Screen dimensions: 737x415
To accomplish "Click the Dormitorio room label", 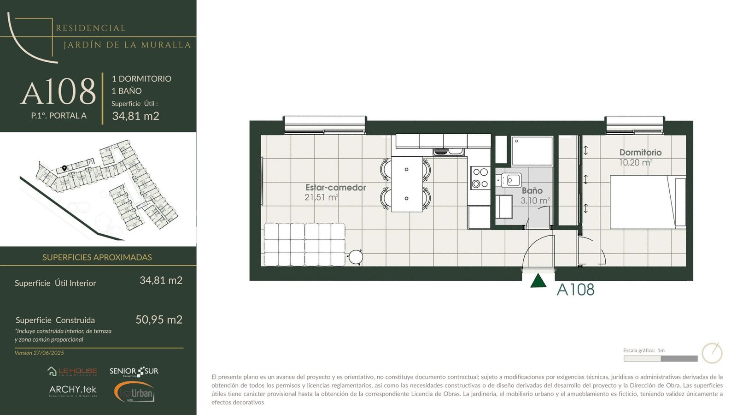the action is click(640, 153).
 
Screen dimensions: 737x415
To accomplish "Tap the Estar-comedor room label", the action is click(336, 187).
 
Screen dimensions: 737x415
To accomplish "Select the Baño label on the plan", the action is click(532, 191).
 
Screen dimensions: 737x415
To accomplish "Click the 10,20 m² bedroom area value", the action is click(636, 162).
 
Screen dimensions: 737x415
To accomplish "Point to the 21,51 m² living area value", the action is click(322, 197).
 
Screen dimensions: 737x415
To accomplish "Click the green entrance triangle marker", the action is click(538, 281).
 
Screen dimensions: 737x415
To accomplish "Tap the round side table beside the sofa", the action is click(356, 257).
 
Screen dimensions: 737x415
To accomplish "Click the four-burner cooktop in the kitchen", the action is click(480, 178).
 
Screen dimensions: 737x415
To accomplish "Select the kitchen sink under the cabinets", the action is click(449, 152).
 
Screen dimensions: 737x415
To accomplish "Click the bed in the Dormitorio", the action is click(648, 202).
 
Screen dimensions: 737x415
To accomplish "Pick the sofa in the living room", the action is click(304, 244).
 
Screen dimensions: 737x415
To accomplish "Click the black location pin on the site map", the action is click(64, 168).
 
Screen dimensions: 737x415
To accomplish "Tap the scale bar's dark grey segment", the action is click(679, 359).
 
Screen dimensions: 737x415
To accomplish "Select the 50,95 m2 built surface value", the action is click(159, 320).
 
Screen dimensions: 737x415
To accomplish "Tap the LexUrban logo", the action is click(134, 392).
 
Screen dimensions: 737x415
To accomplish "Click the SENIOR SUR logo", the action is click(134, 372).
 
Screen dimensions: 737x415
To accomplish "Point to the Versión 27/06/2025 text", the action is click(39, 353).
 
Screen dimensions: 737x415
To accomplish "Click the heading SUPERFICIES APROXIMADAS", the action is click(97, 257).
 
